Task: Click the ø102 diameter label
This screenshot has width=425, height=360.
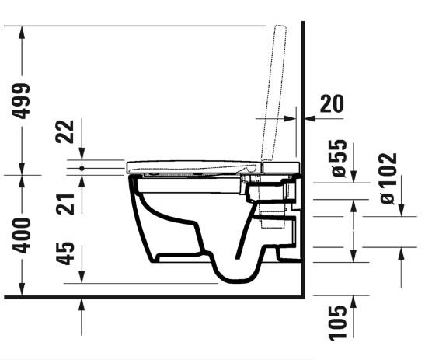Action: [388, 178]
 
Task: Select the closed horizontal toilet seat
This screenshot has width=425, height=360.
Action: [194, 166]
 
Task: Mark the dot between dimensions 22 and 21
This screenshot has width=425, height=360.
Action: [82, 167]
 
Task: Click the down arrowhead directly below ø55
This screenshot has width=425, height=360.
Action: [354, 177]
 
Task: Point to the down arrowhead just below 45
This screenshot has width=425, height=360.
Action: [82, 278]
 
